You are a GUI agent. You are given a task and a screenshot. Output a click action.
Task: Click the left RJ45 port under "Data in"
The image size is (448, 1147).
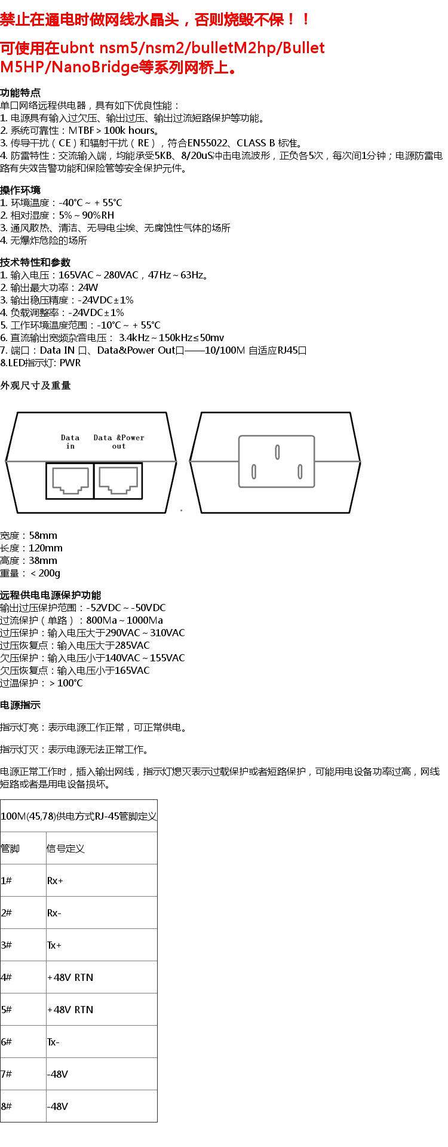70,480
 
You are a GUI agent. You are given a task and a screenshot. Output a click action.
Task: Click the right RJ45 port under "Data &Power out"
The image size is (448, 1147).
118,480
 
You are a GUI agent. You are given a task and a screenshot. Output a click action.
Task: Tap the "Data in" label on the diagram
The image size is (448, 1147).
70,441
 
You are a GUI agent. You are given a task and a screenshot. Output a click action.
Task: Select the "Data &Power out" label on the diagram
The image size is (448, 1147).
119,441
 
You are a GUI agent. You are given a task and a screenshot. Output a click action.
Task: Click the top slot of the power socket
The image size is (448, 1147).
277,452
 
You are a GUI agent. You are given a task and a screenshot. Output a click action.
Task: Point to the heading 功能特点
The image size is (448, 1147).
20,93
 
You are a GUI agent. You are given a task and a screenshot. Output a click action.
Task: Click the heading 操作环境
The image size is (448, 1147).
20,190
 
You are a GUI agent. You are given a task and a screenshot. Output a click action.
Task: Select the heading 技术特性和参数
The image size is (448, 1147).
35,262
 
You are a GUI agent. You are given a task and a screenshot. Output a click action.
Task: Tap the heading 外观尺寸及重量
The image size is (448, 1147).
35,385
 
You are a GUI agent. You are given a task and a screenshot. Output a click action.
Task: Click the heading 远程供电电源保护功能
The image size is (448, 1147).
51,595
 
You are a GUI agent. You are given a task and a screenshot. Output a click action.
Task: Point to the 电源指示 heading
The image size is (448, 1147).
20,705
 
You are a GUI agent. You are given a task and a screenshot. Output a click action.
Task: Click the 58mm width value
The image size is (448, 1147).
43,535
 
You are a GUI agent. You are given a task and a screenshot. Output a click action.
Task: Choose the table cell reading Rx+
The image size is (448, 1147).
55,881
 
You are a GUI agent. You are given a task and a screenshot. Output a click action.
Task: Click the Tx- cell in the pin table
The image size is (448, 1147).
53,1042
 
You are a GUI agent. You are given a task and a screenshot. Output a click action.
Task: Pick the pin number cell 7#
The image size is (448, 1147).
7,1074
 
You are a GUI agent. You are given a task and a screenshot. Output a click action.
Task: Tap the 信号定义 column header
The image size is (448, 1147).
66,848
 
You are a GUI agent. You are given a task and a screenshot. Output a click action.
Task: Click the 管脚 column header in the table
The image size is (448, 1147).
10,848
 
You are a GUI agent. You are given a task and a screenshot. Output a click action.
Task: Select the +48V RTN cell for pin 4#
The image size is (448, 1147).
70,977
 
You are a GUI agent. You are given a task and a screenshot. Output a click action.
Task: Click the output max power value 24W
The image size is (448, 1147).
88,287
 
